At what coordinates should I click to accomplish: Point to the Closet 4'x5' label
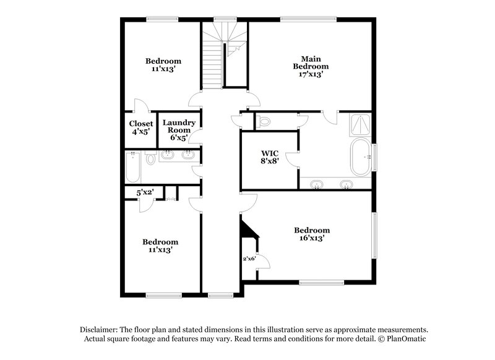click(141, 124)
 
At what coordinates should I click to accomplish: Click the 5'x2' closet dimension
click(145, 193)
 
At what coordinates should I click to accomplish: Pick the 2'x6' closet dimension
click(249, 258)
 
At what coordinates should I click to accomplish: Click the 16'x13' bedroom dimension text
click(311, 238)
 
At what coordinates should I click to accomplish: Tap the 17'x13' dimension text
click(310, 74)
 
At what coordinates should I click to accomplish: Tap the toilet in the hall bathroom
click(150, 160)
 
